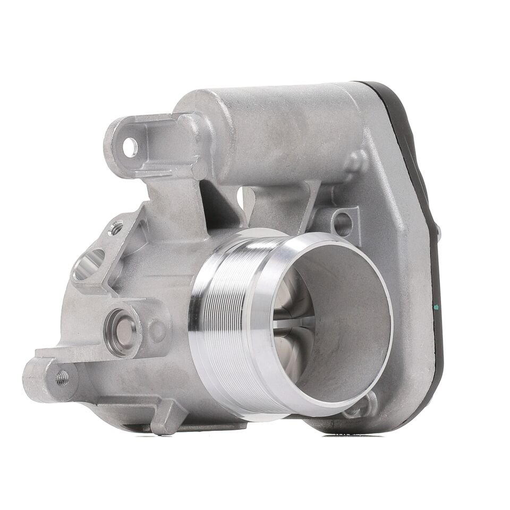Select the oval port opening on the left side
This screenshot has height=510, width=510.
89,264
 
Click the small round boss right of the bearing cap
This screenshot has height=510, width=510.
157,331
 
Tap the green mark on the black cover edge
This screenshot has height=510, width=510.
436,307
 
